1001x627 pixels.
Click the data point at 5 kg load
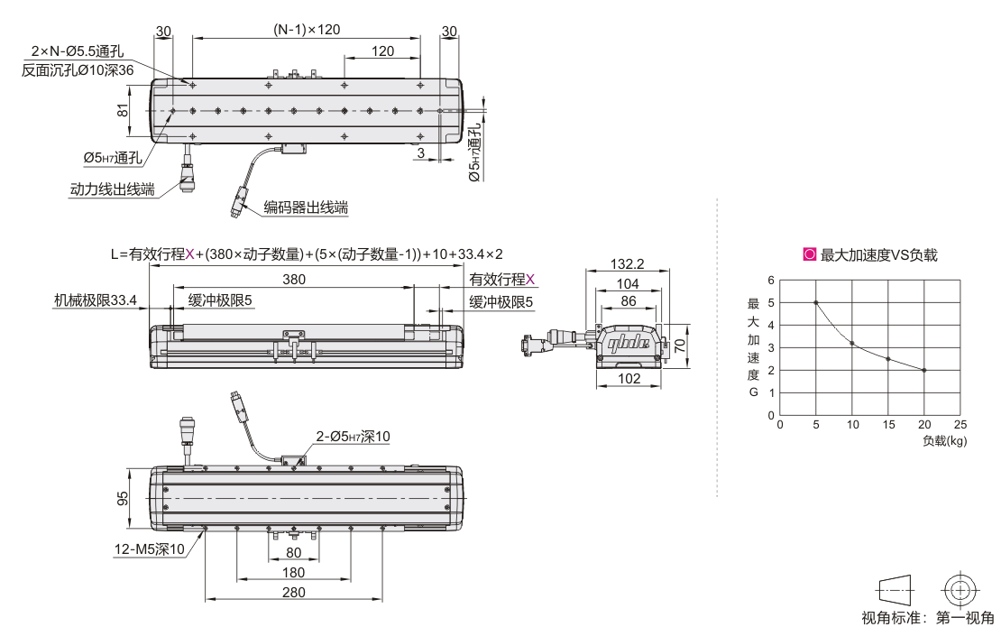coord(816,302)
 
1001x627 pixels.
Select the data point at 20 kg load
coord(923,370)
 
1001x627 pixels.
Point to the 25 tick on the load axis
coord(960,425)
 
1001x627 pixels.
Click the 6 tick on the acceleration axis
coord(771,281)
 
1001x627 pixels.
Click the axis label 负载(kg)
coord(945,440)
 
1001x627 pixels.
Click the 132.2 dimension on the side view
coord(627,263)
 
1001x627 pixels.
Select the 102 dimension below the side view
coord(629,379)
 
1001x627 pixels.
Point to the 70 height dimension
coord(680,346)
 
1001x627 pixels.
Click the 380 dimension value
coord(294,280)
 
